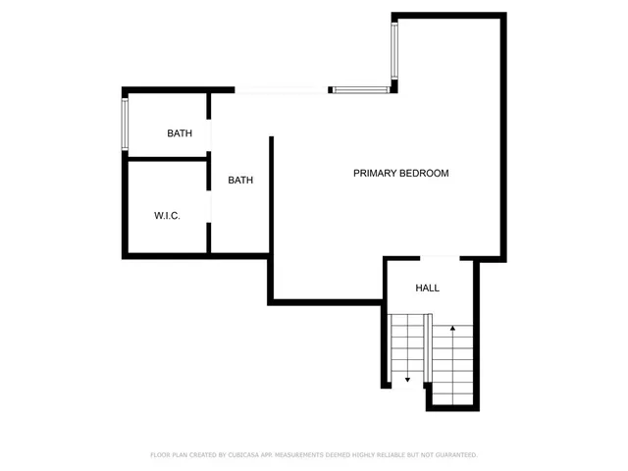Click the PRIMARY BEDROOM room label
(400, 174)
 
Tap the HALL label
(428, 288)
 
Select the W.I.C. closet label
(167, 216)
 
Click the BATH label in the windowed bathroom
(180, 133)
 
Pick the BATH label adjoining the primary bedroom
(240, 181)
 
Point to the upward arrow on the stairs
(452, 328)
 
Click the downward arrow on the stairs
(407, 378)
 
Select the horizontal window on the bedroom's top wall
(360, 90)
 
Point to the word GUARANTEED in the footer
(450, 455)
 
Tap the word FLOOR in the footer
(159, 455)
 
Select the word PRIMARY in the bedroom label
(374, 174)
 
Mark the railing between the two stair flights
(429, 348)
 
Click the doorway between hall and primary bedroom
(440, 258)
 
